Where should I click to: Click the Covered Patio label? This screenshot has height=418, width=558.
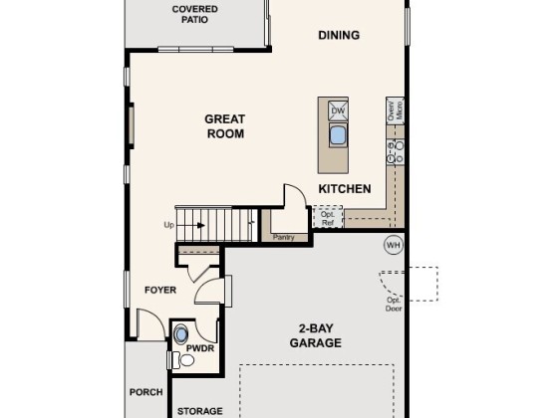coord(194,14)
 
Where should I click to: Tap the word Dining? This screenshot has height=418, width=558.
coord(339,35)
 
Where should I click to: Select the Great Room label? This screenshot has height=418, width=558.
coord(225,126)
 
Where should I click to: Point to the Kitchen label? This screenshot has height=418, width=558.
coord(345,189)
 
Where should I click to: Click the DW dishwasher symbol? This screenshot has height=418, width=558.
coord(338,110)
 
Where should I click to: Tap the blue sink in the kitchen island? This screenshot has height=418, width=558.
coord(338,135)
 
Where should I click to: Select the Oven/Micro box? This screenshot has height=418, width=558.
coord(395,110)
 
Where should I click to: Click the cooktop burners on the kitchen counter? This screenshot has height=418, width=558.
coord(396,151)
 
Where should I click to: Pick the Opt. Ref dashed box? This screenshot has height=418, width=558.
coord(328,217)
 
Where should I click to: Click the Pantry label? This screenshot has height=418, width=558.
coord(284,237)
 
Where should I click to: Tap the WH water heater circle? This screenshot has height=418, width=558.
coord(394,245)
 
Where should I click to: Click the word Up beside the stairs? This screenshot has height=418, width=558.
coord(169,225)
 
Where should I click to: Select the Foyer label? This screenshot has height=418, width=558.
coord(160,290)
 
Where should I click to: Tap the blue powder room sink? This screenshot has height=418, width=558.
coord(181,334)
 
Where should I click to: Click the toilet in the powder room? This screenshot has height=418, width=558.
coord(182,360)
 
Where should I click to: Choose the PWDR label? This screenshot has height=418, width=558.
coord(200,348)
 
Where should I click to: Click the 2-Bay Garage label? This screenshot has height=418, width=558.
coord(316,335)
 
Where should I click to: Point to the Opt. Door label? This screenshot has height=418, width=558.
coord(394,305)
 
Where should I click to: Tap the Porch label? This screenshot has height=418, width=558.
coord(146,392)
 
